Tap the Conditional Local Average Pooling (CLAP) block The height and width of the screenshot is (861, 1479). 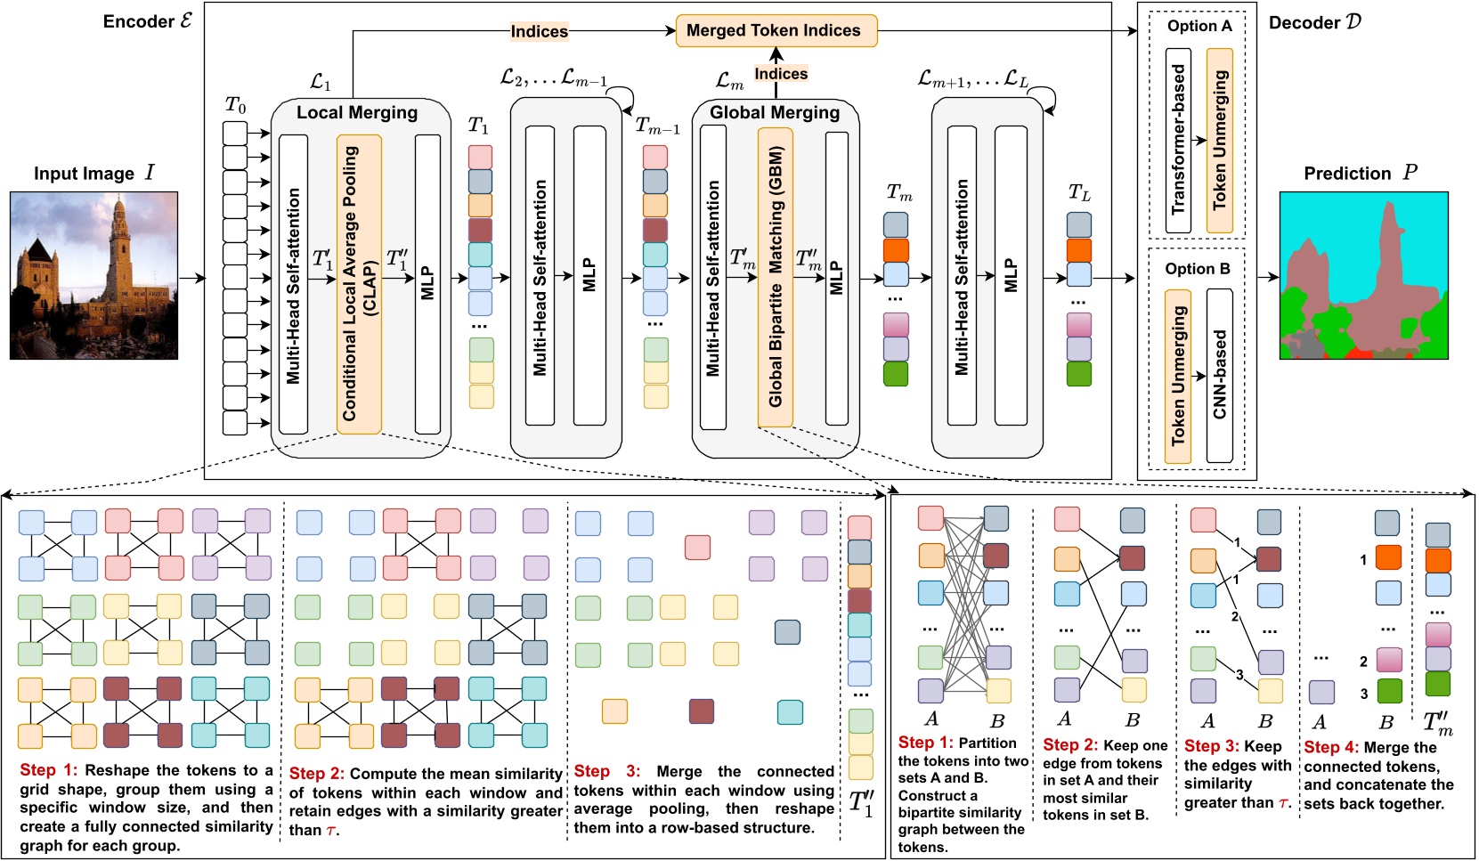pyautogui.click(x=359, y=283)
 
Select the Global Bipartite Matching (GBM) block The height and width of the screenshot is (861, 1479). pyautogui.click(x=775, y=277)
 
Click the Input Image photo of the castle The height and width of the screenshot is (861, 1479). pyautogui.click(x=93, y=275)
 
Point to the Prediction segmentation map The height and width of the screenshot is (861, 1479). pyautogui.click(x=1363, y=275)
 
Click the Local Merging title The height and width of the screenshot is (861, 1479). pyautogui.click(x=356, y=112)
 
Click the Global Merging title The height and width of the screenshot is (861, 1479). pyautogui.click(x=774, y=112)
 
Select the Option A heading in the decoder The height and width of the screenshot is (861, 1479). pyautogui.click(x=1199, y=26)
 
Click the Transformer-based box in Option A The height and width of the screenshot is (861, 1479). pyautogui.click(x=1177, y=140)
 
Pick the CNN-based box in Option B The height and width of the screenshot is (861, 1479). pyautogui.click(x=1219, y=375)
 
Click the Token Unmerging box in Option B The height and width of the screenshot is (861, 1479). pyautogui.click(x=1177, y=375)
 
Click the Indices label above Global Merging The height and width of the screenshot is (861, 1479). pyautogui.click(x=781, y=74)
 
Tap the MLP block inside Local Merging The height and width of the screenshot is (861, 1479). pyautogui.click(x=427, y=283)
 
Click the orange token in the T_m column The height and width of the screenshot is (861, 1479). pyautogui.click(x=896, y=250)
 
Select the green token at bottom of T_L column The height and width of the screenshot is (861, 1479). pyautogui.click(x=1078, y=374)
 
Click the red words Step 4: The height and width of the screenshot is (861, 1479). pyautogui.click(x=1330, y=748)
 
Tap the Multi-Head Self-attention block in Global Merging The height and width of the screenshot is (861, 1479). pyautogui.click(x=713, y=277)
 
